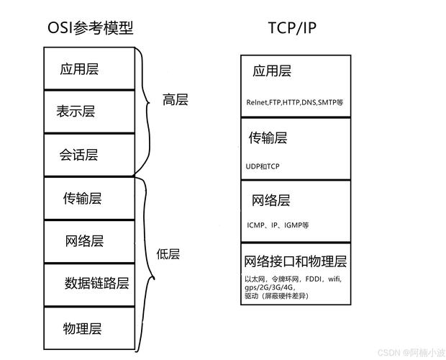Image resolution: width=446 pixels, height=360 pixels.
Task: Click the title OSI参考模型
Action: click(x=90, y=28)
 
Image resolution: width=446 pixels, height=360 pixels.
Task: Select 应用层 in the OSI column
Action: click(x=80, y=69)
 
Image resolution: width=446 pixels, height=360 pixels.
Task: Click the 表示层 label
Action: click(x=76, y=112)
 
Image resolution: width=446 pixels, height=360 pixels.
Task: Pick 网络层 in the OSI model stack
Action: click(x=84, y=240)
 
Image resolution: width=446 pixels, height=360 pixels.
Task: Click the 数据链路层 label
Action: click(x=97, y=283)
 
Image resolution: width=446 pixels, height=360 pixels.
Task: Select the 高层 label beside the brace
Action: click(x=176, y=100)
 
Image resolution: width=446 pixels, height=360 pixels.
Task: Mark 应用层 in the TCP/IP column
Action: click(x=272, y=71)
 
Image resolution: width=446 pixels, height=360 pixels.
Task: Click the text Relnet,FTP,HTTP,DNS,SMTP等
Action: click(x=295, y=103)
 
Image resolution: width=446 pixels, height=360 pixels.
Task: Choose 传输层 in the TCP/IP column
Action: click(x=268, y=137)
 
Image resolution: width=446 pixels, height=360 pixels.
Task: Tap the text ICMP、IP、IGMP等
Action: click(x=278, y=225)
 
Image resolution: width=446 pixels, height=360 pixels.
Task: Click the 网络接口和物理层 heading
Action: click(x=296, y=261)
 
